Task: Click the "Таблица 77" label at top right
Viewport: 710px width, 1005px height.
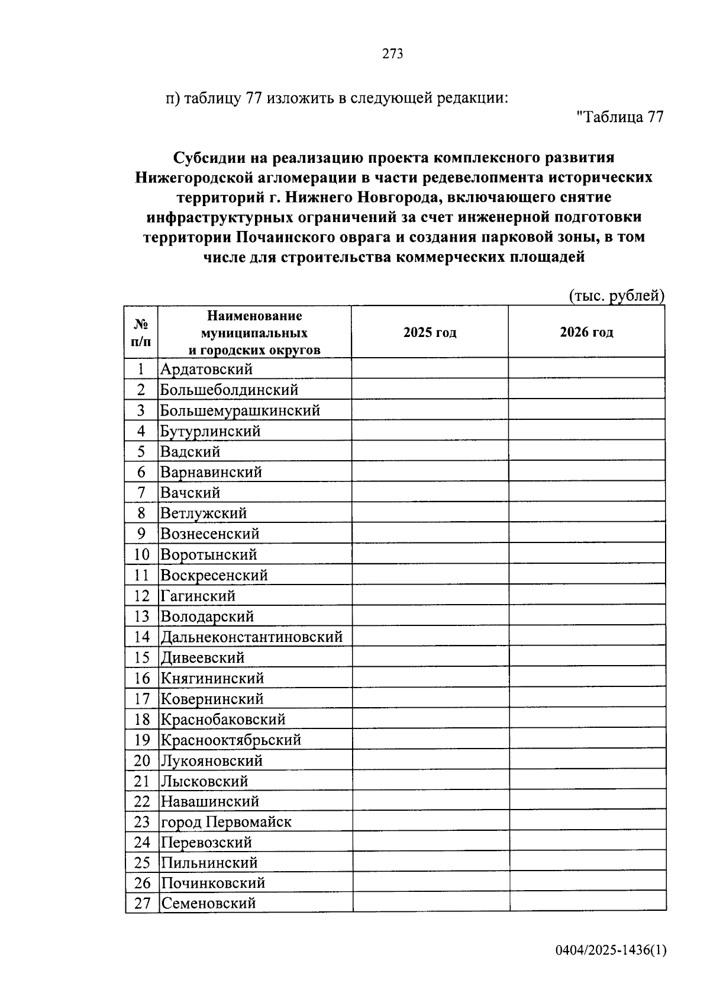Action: click(619, 117)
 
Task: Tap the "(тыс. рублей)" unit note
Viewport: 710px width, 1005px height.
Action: click(617, 295)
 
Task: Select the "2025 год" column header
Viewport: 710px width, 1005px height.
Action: click(430, 332)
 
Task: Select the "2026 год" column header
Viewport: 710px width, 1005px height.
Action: click(586, 332)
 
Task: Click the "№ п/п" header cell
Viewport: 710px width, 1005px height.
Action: click(141, 332)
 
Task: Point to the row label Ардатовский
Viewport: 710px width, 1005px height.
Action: click(206, 369)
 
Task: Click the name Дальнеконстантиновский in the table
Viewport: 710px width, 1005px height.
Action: click(251, 637)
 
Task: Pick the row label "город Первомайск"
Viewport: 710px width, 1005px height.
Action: click(226, 822)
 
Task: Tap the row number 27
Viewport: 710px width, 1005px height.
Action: click(142, 904)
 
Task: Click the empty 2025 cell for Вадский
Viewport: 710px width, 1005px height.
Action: click(430, 452)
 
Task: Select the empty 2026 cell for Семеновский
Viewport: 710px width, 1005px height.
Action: click(588, 904)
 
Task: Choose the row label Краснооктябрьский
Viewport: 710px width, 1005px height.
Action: click(231, 740)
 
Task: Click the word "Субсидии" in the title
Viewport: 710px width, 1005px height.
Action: click(208, 158)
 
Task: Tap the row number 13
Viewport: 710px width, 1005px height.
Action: click(142, 617)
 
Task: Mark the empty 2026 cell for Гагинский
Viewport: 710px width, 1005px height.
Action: click(587, 596)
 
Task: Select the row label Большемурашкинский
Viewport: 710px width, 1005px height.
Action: click(240, 410)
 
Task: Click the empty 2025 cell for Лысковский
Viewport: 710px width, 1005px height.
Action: click(430, 781)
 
